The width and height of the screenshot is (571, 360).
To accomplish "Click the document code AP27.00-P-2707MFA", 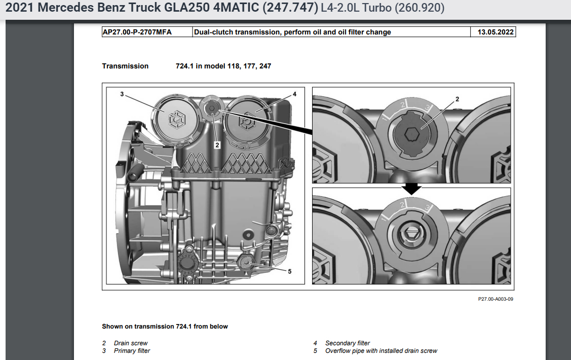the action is pos(137,32).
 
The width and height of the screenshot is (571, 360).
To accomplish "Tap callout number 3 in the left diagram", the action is pos(122,94).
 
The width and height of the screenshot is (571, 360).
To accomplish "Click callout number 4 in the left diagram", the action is pos(294,94).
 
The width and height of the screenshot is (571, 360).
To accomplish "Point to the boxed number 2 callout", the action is pos(217,145).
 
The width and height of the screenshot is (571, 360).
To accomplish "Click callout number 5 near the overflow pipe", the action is pos(289,271).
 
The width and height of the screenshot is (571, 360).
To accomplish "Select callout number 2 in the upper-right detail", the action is pos(457,99).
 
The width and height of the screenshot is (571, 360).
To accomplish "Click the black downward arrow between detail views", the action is pos(412,188).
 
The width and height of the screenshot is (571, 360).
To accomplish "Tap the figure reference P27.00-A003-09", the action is pos(496,299).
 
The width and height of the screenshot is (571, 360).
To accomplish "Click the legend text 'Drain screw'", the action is pos(131,343).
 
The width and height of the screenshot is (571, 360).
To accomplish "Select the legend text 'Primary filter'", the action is pos(132,351).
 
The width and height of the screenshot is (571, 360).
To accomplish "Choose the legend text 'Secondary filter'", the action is pos(348,343).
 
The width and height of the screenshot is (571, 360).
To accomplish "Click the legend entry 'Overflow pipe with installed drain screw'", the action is pos(381,351).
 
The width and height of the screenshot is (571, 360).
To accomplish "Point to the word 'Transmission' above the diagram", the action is pos(125,66).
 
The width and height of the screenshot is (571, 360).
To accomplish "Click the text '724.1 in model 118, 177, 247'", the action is pos(220,66).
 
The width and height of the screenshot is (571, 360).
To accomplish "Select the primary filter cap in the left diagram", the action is pos(175,119).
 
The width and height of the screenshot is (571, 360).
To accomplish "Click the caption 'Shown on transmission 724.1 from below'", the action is pos(165,327).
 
